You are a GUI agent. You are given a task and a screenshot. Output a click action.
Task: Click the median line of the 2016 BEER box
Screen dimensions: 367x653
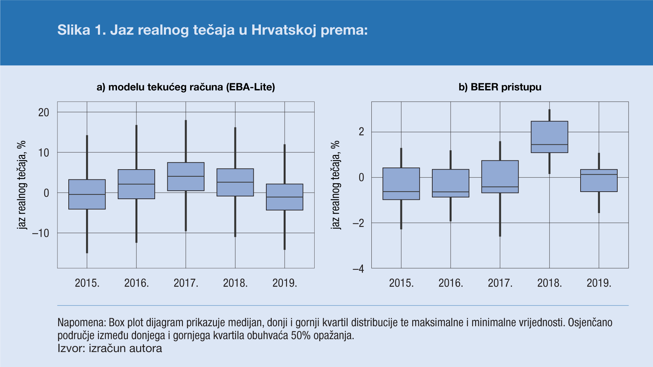(451, 192)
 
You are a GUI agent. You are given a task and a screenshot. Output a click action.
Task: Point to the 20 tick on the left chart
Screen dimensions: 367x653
(44, 112)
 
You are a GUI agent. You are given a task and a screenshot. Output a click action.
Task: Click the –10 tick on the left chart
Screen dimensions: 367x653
(41, 233)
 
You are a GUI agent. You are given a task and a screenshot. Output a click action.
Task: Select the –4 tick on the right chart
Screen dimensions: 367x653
(358, 269)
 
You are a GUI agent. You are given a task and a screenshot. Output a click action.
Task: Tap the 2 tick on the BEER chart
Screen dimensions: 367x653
(361, 132)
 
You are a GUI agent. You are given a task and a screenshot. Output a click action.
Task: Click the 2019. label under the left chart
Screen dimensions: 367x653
(285, 283)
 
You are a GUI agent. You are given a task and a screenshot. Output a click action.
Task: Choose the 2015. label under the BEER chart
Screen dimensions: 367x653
(401, 283)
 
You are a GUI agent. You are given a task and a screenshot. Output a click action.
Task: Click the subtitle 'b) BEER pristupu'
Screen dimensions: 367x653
(500, 87)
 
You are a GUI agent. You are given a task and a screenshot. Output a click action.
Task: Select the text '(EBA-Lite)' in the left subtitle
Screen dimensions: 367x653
(250, 87)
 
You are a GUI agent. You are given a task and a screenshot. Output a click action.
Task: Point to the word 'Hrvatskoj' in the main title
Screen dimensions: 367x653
(284, 30)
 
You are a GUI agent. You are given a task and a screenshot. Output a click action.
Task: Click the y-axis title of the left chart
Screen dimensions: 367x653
(21, 185)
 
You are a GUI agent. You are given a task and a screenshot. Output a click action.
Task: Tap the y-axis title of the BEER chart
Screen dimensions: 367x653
(335, 185)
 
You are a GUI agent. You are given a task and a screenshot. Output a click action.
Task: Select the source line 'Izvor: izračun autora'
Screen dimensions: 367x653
(110, 348)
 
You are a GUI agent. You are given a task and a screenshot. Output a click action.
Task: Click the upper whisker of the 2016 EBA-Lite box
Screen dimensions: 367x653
(136, 147)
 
